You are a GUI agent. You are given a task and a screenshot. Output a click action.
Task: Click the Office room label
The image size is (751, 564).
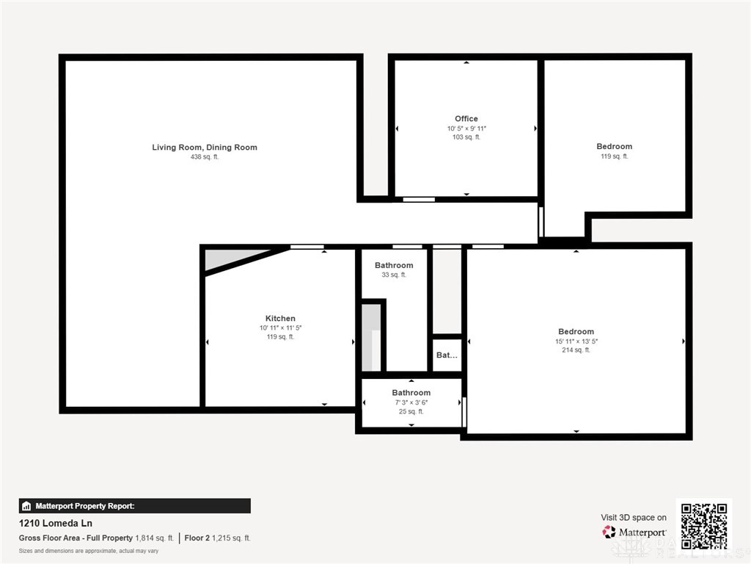coord(466,119)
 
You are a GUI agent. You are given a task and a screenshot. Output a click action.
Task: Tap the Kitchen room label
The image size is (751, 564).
coord(280,319)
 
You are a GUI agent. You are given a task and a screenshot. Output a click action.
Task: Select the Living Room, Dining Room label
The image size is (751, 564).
coord(205,148)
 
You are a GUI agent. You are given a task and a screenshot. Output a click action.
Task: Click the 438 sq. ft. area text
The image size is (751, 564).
coord(205,157)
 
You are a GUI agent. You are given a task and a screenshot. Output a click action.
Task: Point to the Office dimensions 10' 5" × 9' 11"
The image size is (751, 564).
coord(466,129)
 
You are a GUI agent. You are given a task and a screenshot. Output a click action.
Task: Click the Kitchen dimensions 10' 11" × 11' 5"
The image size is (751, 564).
coord(280,328)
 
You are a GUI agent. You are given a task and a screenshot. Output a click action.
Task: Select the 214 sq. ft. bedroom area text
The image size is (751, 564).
coord(576,350)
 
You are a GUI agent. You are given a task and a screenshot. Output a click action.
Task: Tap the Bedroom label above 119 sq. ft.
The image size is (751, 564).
coord(614,147)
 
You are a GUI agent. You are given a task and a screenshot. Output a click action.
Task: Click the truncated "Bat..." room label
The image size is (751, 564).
coord(447,355)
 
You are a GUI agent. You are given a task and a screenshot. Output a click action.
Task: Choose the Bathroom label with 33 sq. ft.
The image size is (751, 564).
coord(394,265)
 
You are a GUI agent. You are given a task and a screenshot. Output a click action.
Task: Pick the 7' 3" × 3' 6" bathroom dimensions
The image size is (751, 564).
coord(411,402)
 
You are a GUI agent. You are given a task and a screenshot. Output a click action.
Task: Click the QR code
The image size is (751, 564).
coord(703,524)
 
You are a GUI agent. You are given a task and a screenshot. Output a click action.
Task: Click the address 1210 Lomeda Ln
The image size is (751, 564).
coord(55,524)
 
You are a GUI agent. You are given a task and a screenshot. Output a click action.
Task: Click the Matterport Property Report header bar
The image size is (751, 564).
coord(134,506)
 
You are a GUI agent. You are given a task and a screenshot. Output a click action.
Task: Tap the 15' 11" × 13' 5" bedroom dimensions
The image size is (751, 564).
coord(576,341)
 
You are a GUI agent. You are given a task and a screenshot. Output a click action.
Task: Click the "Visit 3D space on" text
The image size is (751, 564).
coord(634,518)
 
